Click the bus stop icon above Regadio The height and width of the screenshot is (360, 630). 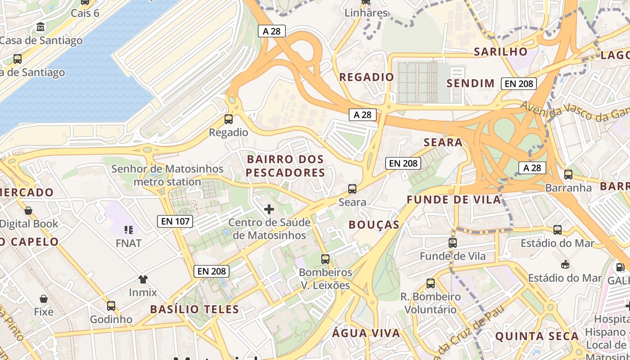[229, 119]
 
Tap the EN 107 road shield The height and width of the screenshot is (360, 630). [175, 221]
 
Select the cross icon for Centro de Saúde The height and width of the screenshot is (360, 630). [269, 209]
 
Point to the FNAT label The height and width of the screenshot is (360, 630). [129, 243]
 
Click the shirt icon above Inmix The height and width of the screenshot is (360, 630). [143, 279]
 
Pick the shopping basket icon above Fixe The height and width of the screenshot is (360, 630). [44, 299]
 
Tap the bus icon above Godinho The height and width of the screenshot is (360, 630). [111, 306]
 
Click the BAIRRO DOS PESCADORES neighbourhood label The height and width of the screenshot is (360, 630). [285, 166]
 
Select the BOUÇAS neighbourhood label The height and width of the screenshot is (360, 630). [374, 225]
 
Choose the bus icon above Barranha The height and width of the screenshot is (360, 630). [568, 175]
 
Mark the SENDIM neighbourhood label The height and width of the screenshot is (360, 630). [470, 83]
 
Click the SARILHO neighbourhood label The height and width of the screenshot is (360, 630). [500, 52]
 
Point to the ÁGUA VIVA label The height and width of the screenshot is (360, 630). [366, 333]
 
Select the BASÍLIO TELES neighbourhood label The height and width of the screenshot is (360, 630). [194, 309]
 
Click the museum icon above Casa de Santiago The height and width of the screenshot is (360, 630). [41, 27]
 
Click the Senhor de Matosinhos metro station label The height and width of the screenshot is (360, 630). [167, 175]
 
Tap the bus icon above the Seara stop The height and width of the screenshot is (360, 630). [352, 189]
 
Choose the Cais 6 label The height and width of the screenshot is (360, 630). [85, 13]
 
